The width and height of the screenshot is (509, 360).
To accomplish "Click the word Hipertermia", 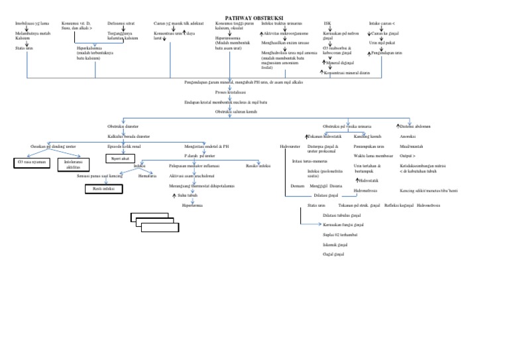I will coord(193,206).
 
